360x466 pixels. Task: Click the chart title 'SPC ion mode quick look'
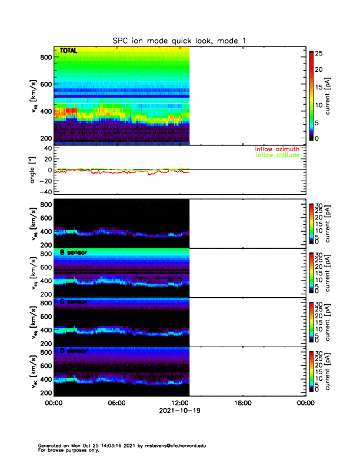tap(180, 40)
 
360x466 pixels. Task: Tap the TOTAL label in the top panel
tap(68, 51)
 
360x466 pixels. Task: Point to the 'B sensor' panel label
tap(74, 253)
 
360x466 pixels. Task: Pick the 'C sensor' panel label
tap(74, 302)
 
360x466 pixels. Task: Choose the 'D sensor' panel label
tap(74, 351)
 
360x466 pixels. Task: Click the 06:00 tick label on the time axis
tap(116, 404)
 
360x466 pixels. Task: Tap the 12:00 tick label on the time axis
tap(179, 404)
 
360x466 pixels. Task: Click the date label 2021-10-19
tap(179, 411)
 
